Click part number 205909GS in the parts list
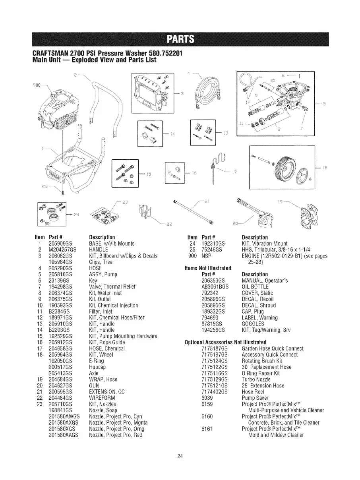click(x=62, y=243)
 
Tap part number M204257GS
click(x=64, y=250)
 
